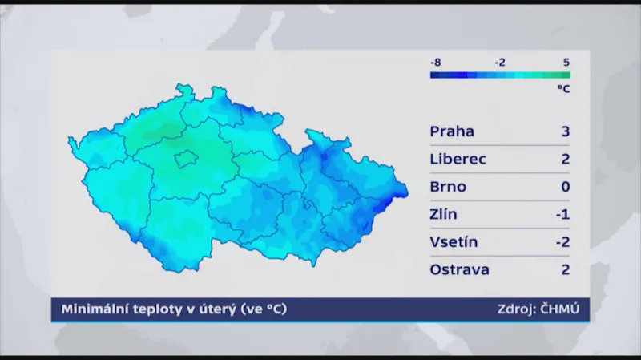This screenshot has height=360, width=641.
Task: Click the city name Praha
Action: pos(452,131)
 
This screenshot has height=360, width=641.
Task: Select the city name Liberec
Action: pos(458,159)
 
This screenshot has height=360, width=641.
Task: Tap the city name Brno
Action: pos(448,187)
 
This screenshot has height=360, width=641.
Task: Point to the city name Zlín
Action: pos(445,214)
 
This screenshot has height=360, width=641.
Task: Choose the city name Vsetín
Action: pos(454,242)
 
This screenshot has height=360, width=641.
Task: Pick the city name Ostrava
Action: pos(459,269)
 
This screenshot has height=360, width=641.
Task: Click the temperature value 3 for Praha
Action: pos(565,131)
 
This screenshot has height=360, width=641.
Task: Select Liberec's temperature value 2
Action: pos(565,159)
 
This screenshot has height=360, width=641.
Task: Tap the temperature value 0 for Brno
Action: pos(565,187)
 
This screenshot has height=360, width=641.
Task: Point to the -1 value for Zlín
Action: pos(562,214)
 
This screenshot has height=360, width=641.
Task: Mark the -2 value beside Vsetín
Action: pos(562,242)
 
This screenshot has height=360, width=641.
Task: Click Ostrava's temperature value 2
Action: pos(565,269)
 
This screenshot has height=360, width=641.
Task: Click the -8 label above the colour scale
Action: pos(436,62)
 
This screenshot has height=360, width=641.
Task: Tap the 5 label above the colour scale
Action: pos(566,62)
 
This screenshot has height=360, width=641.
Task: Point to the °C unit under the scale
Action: pos(563,89)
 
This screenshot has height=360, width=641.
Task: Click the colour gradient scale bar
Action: pos(500,75)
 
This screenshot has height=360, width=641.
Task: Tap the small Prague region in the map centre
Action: pos(187,157)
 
